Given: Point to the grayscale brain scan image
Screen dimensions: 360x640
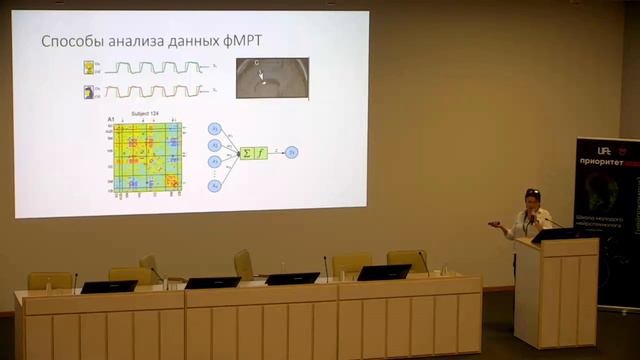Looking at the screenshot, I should point(271,78).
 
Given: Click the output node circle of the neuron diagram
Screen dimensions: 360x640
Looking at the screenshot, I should point(291,153).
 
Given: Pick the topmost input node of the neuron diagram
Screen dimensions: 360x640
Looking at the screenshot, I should point(214,128).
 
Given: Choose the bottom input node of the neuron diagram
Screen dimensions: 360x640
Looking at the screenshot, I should point(214,186).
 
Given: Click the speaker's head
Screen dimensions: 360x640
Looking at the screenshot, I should point(532,198).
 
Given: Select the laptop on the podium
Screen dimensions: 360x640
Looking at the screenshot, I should point(554,234).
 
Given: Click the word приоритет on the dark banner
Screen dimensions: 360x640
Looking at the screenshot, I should point(601,159).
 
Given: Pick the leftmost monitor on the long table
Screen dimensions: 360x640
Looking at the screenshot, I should point(108,286).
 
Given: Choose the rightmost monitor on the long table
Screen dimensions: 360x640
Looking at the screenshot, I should point(384,272).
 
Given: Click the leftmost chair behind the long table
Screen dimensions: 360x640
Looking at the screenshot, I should point(50,280).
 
